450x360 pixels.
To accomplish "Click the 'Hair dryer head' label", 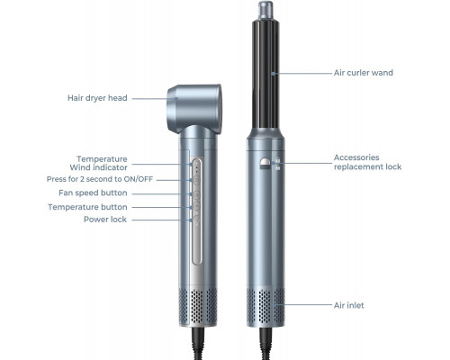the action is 97,98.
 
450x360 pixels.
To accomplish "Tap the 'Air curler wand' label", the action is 364,73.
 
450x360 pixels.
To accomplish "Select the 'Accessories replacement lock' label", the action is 367,162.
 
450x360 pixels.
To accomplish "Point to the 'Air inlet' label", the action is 348,305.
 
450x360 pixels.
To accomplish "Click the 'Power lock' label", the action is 105,220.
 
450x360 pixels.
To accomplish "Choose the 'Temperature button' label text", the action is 87,207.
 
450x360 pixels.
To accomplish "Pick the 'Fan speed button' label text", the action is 93,193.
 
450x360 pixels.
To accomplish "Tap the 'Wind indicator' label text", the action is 98,167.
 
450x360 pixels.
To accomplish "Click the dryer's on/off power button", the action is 196,181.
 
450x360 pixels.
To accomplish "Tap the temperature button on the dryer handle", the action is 196,207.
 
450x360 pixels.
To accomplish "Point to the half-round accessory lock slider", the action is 265,164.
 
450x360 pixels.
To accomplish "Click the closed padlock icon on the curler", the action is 277,160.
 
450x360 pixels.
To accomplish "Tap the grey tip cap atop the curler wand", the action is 265,10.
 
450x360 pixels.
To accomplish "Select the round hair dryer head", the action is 194,108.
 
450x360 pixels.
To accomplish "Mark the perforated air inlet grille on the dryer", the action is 198,306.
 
